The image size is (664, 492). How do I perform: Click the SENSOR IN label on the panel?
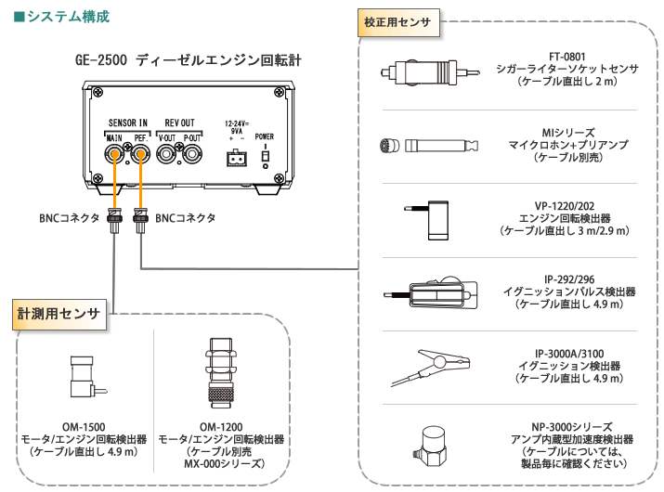pos(127,123)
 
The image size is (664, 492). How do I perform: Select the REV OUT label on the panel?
pos(179,123)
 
